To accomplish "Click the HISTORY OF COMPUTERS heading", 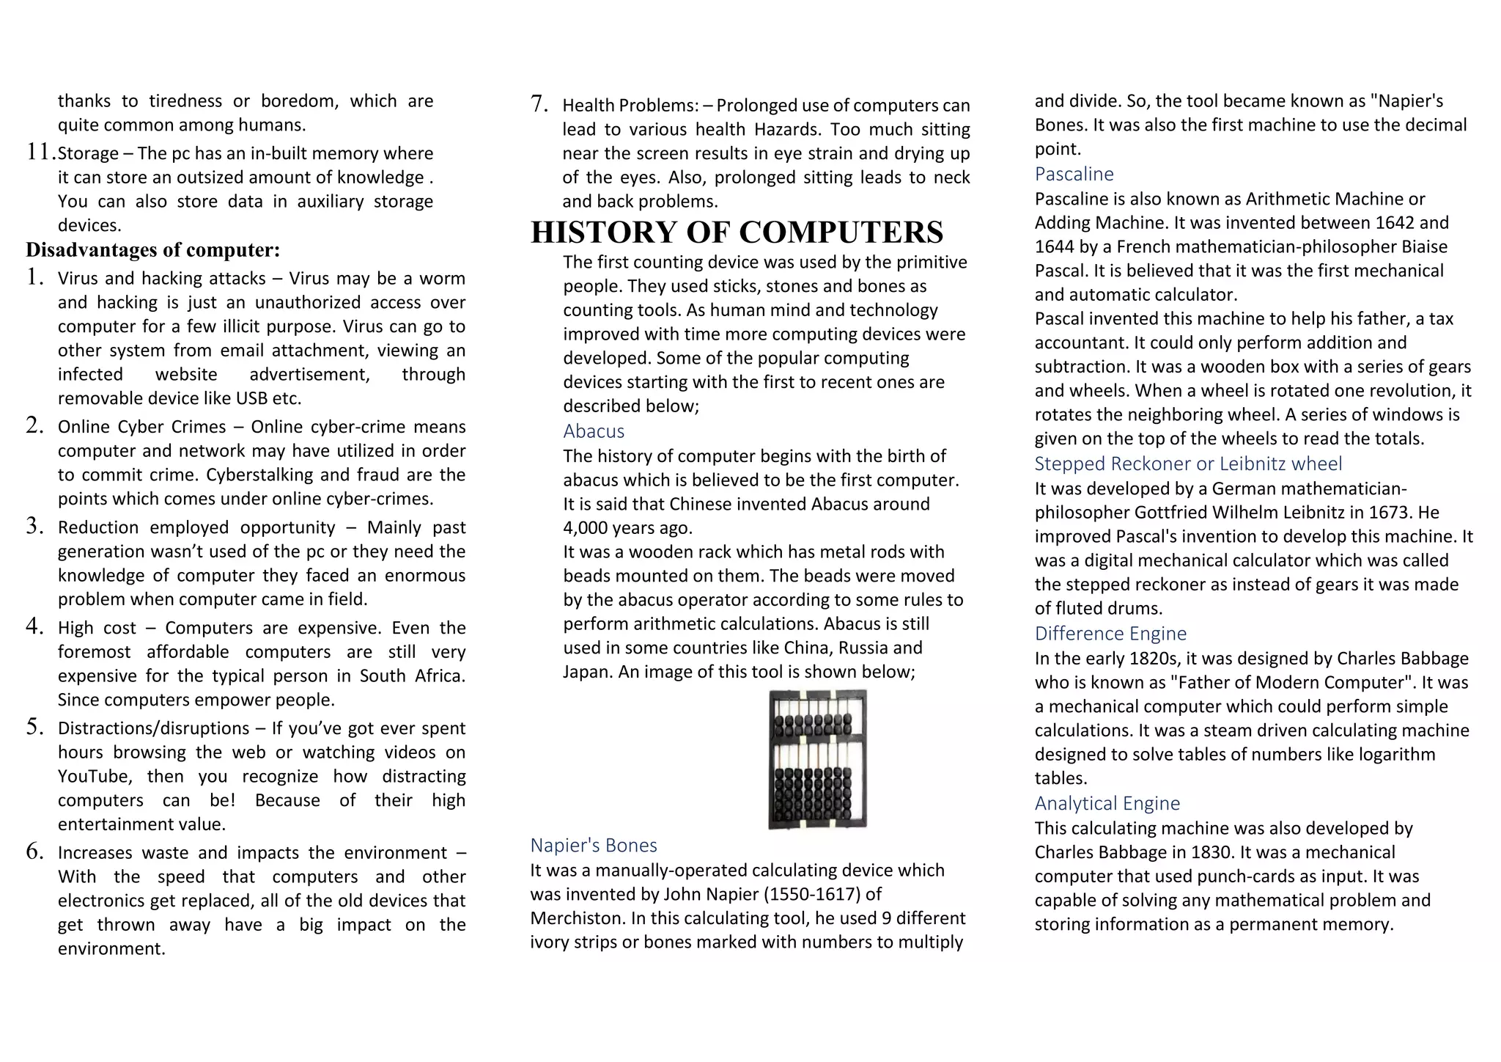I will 737,232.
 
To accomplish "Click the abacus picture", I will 817,759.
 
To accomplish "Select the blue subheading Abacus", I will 594,431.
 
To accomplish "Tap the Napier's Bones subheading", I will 594,846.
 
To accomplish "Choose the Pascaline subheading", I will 1074,174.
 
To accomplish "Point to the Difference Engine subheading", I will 1110,634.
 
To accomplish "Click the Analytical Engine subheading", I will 1107,803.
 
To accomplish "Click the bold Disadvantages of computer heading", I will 153,250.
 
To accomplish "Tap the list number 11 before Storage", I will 40,153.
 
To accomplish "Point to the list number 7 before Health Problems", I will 539,104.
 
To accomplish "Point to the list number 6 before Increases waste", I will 34,852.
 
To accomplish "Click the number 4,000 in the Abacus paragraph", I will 586,528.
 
